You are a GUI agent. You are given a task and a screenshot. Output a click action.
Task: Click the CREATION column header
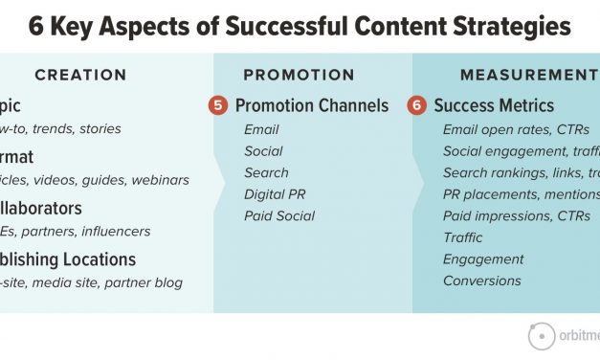click(80, 75)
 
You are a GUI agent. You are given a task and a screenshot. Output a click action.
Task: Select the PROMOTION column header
click(299, 75)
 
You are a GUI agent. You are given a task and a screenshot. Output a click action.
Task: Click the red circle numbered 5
click(218, 105)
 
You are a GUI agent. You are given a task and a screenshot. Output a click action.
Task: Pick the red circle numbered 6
click(416, 105)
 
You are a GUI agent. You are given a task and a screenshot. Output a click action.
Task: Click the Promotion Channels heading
click(312, 105)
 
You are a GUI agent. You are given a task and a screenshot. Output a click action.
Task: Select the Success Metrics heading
click(494, 105)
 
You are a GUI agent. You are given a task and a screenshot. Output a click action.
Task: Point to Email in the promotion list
click(261, 129)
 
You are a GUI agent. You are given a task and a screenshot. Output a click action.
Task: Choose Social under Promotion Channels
click(263, 151)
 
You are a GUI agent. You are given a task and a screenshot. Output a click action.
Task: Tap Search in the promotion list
click(266, 172)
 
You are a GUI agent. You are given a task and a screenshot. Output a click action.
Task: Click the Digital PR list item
click(274, 194)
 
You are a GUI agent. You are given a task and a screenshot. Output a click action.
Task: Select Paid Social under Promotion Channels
click(278, 215)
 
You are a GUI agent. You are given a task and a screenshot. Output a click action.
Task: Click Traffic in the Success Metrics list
click(462, 237)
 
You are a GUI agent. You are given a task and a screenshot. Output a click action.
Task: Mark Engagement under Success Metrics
click(483, 259)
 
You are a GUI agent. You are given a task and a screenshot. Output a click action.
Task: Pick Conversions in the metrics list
click(481, 281)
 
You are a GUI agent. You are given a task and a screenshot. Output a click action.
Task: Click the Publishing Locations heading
click(68, 259)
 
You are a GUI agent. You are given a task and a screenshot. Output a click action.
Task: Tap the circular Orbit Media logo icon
click(542, 336)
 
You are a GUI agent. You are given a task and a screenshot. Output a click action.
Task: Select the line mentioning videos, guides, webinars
click(95, 180)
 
